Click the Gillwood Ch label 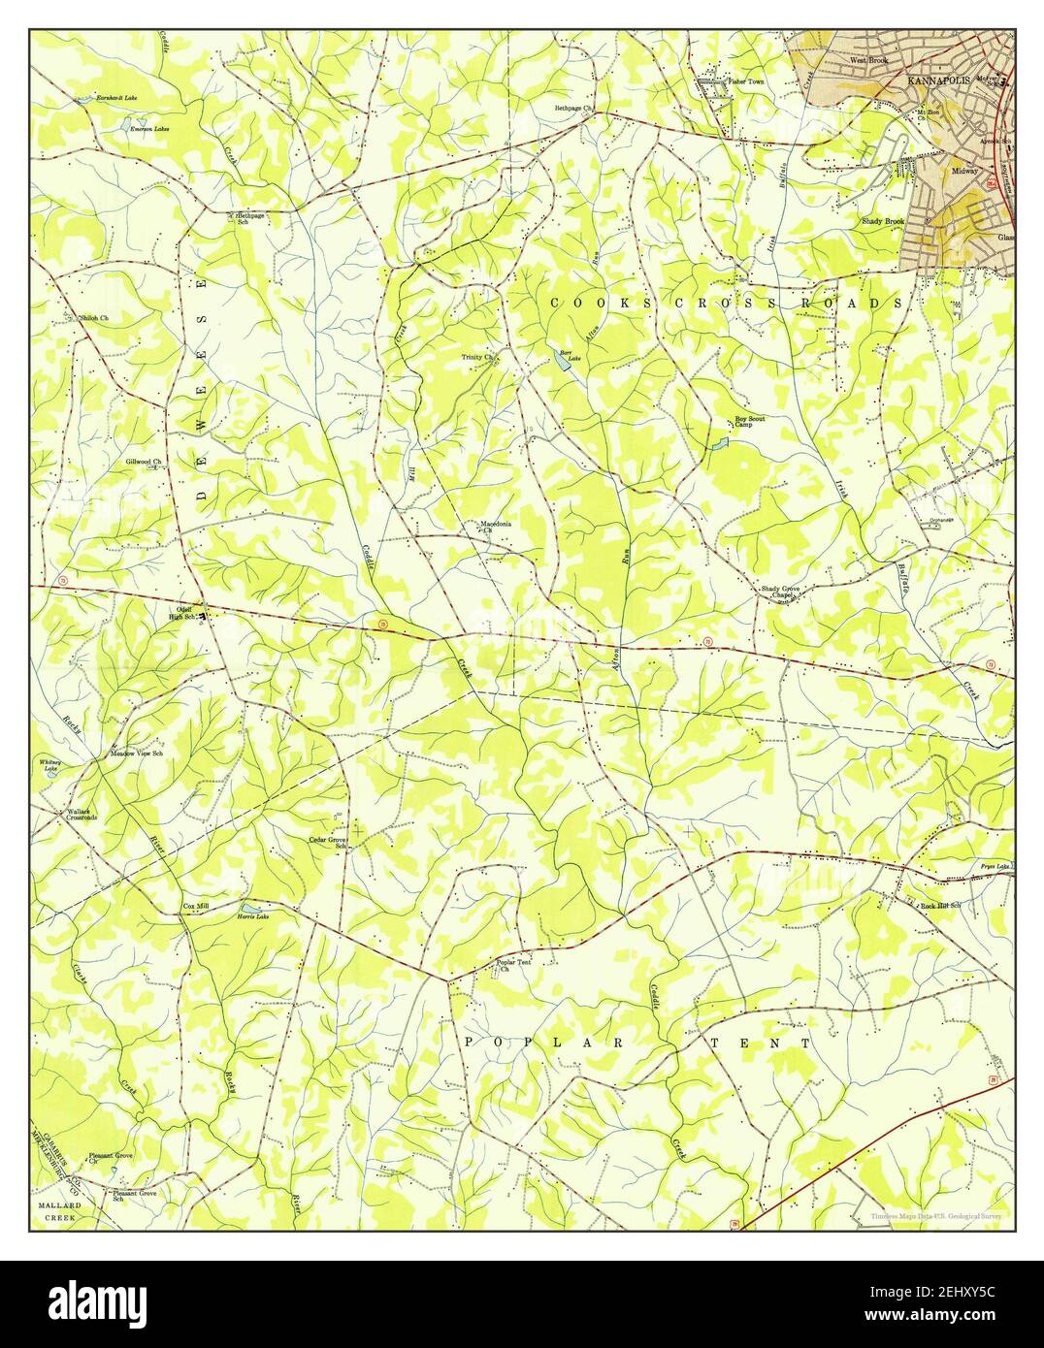click(x=143, y=462)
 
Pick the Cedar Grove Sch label click(x=328, y=842)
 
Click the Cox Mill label click(x=196, y=906)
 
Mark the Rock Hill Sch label click(x=939, y=906)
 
